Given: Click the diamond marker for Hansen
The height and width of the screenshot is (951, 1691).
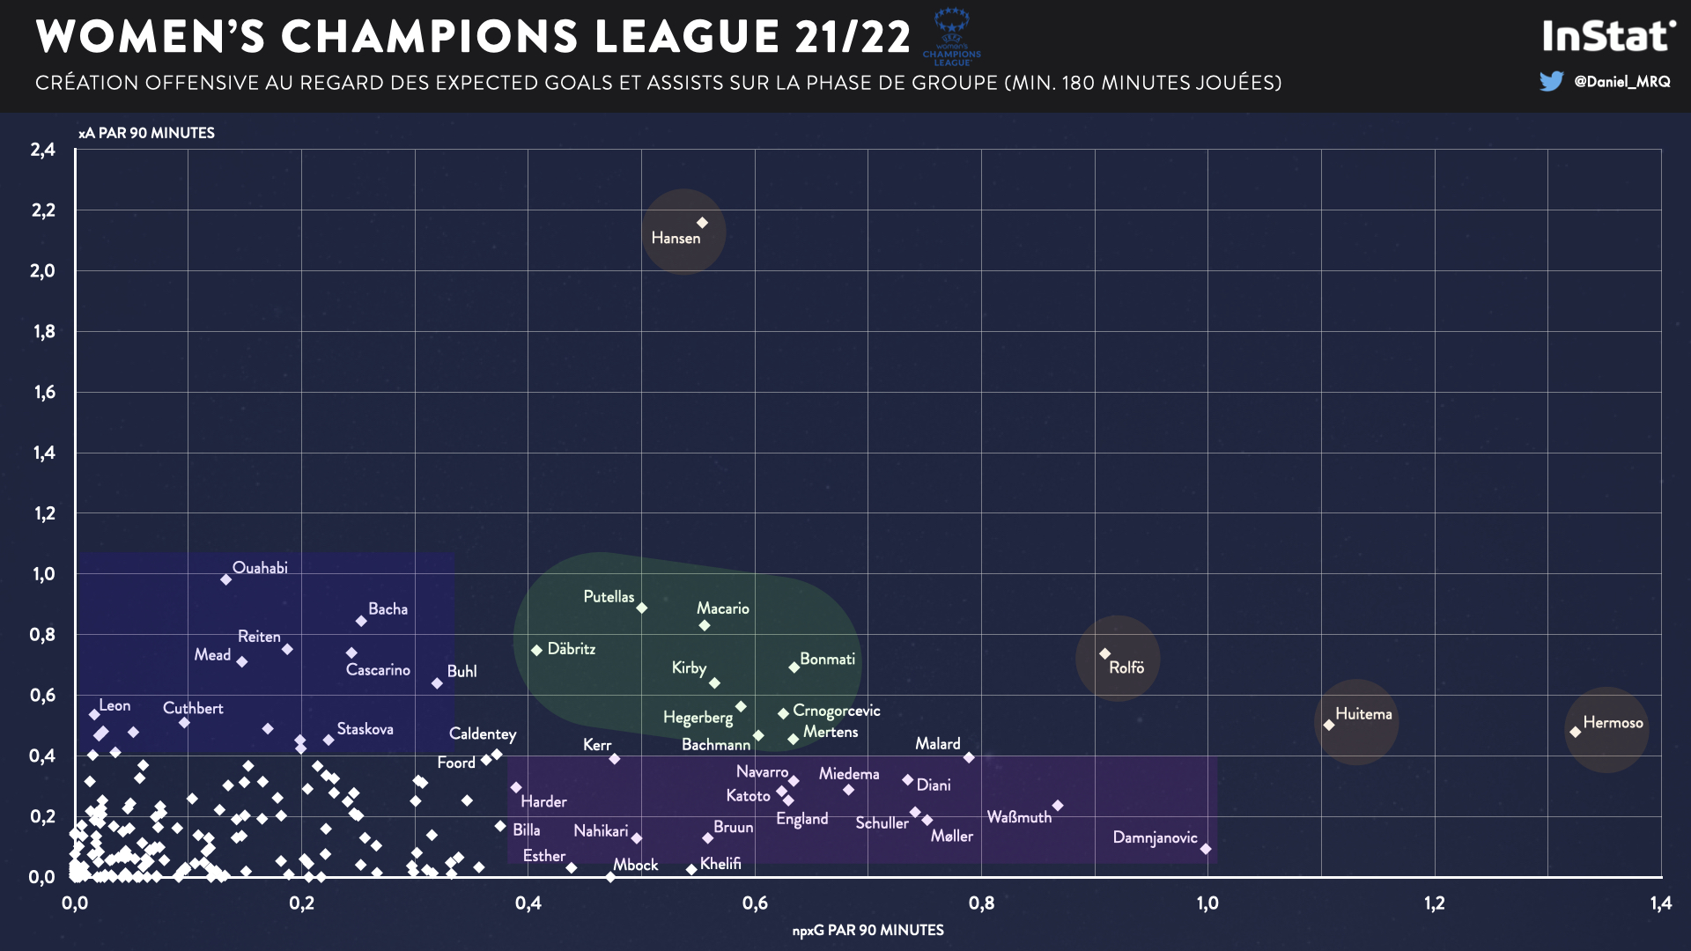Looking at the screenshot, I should [x=703, y=223].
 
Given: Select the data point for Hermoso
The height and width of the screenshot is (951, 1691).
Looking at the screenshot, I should [x=1575, y=732].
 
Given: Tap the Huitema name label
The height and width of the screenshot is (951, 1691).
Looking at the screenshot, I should [x=1363, y=714].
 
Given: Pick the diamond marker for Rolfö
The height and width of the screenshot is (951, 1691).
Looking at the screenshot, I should [x=1104, y=654].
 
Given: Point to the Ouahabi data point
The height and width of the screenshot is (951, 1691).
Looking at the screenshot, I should [x=226, y=579].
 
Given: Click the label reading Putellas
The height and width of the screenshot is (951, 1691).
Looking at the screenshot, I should [x=609, y=597].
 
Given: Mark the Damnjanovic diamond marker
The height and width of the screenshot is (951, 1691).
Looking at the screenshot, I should [x=1206, y=849].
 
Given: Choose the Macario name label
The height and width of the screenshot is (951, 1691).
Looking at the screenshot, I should [x=722, y=608].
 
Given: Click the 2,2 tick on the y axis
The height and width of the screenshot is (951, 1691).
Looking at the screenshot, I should [x=42, y=210].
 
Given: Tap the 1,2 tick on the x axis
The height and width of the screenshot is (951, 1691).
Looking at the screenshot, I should [x=1434, y=903].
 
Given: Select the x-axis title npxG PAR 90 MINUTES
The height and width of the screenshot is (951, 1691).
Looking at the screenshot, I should [x=868, y=930].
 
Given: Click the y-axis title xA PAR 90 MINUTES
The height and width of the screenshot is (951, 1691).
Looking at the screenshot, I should [x=146, y=133].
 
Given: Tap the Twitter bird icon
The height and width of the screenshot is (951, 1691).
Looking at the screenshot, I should [x=1551, y=82].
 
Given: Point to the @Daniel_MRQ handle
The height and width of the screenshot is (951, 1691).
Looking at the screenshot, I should [x=1621, y=82].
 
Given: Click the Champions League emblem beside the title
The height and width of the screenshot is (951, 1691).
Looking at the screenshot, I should [x=951, y=37].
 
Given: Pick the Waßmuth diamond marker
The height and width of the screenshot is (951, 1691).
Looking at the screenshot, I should [x=1058, y=806].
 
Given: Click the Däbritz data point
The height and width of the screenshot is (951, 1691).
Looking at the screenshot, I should [x=536, y=650].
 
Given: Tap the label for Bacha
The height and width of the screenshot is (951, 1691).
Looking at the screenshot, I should [x=388, y=609].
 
